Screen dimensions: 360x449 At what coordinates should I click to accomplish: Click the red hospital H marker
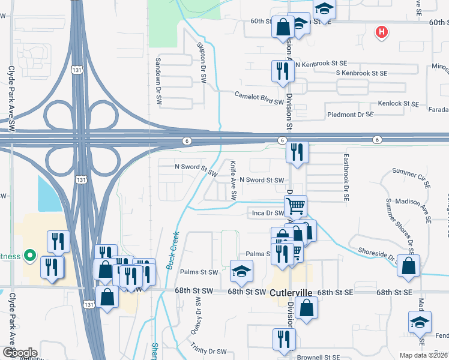pos(381,32)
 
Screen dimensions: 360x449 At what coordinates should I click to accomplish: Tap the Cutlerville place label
pos(291,292)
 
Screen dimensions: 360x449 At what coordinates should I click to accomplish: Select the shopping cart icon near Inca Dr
pos(295,206)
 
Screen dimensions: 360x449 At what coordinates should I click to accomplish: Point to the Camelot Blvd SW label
pos(259,98)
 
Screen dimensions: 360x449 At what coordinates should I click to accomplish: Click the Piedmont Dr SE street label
pos(350,114)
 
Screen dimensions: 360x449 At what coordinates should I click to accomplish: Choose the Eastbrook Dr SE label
pos(346,178)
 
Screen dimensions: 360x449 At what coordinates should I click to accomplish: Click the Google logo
pos(20,352)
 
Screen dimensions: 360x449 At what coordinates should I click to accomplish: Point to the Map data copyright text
pos(423,355)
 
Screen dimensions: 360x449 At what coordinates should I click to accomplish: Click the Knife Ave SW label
pos(234,181)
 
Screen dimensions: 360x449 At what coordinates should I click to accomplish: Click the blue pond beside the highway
pos(49,194)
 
